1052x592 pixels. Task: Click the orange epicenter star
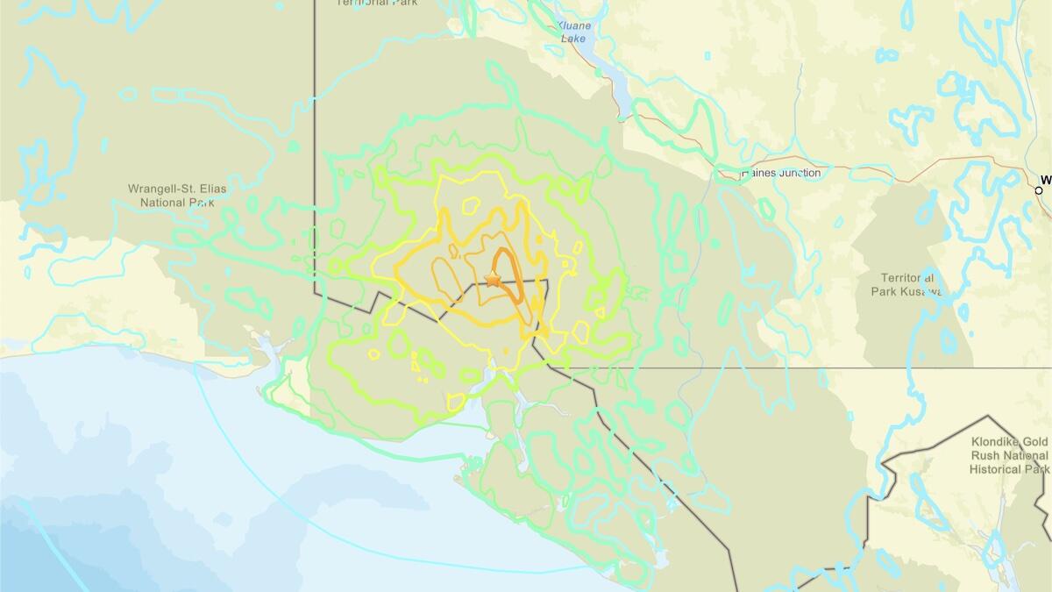point(492,279)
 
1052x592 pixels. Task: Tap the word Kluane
point(575,25)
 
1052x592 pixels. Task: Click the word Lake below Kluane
point(575,39)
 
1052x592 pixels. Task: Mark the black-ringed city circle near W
point(1039,189)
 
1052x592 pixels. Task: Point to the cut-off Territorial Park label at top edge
point(378,3)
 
